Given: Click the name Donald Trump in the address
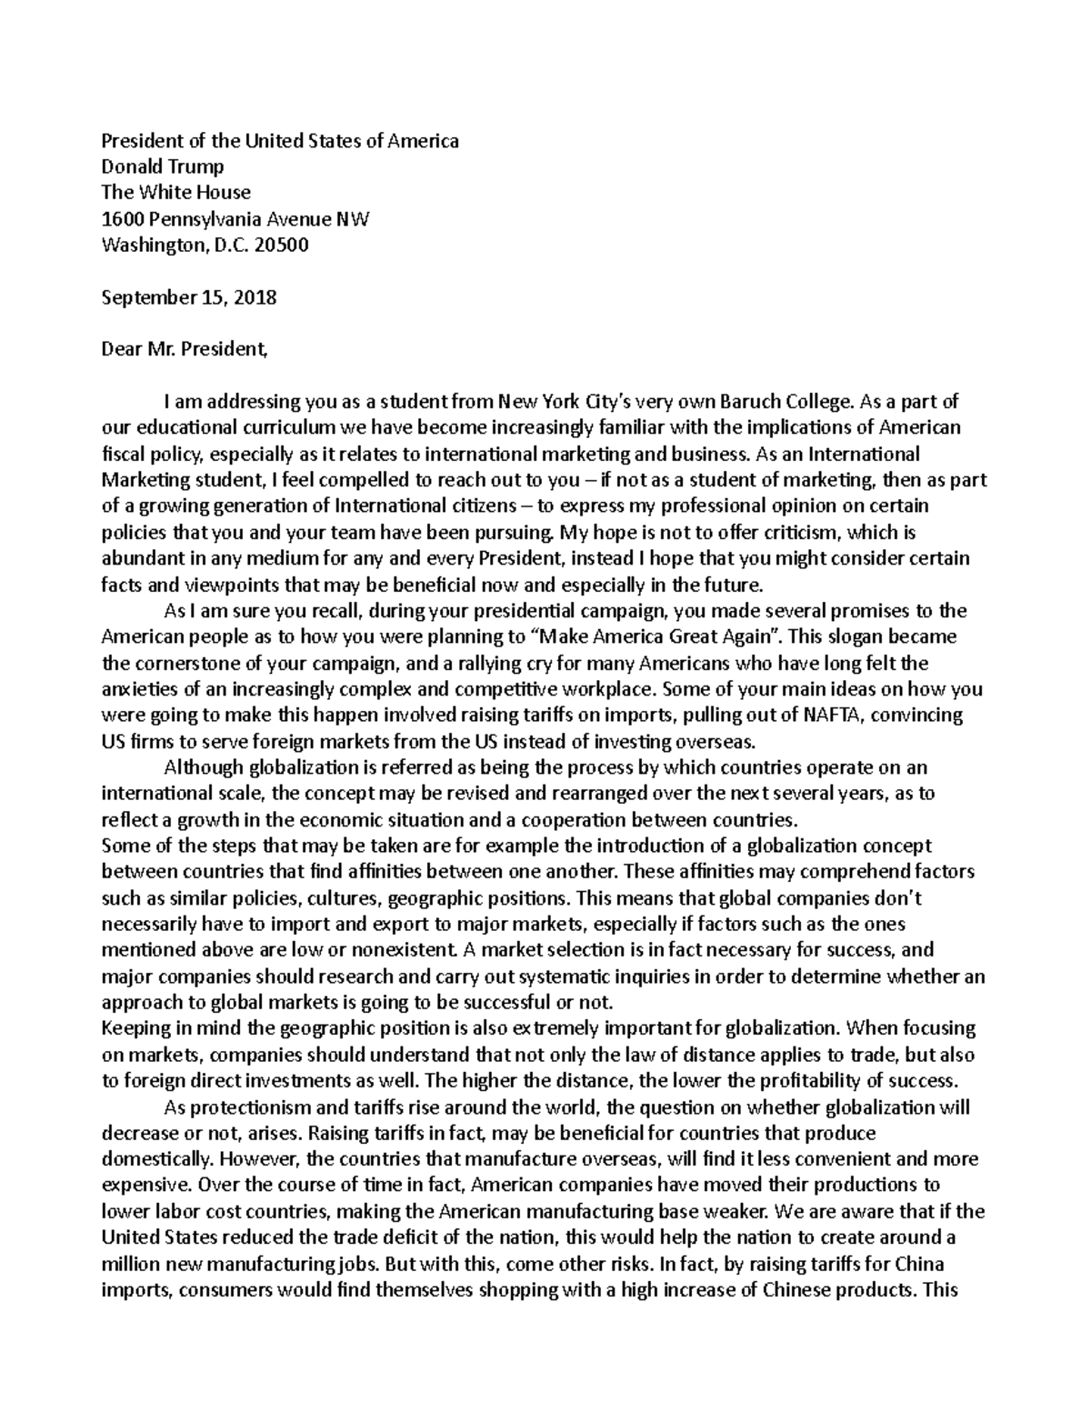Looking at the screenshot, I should [x=162, y=166].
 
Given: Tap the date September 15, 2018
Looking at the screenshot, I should [x=189, y=297].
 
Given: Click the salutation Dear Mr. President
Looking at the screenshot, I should [x=185, y=349].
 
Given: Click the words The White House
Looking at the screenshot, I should [x=175, y=193].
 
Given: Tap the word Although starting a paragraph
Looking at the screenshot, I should [x=203, y=767].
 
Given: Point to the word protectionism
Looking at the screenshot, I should [x=247, y=1107].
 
